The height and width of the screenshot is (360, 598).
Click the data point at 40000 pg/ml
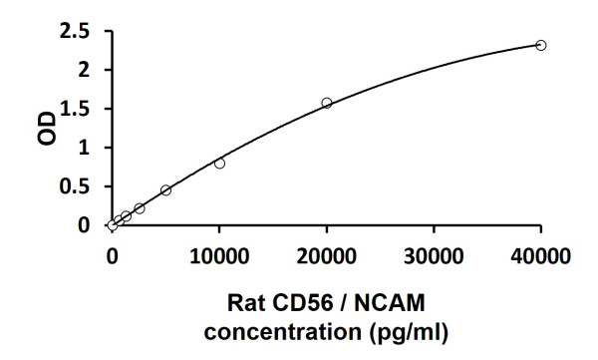541,45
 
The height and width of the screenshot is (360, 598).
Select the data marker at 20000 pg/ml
327,103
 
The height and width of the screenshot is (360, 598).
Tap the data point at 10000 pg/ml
219,164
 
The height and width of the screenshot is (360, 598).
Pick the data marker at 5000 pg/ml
165,189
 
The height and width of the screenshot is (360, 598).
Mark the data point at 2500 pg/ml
140,208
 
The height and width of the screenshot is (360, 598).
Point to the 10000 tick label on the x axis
219,256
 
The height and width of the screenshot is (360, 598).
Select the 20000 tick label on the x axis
327,256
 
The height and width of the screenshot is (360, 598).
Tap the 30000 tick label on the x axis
434,256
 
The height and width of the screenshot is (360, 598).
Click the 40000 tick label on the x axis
541,256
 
